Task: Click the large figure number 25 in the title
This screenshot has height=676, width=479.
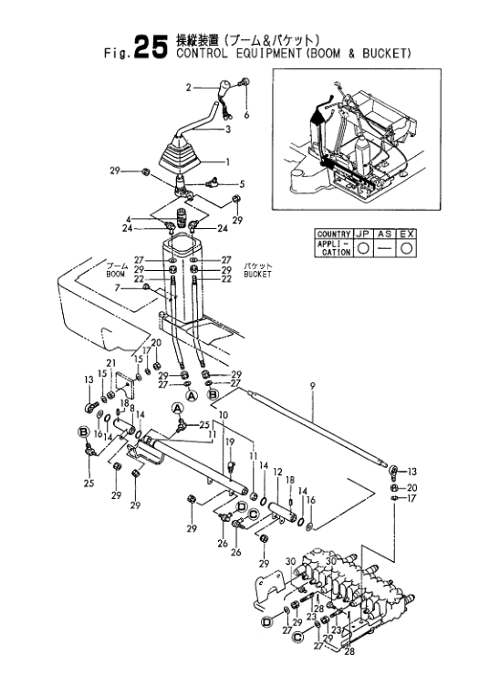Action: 150,47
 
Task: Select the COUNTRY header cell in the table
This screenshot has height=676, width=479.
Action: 333,234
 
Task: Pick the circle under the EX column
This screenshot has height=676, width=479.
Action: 407,248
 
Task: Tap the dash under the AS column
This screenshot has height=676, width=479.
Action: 385,249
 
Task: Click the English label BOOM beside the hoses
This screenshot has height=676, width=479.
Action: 115,275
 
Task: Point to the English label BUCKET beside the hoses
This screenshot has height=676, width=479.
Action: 257,275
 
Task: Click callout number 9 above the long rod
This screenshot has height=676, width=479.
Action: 312,387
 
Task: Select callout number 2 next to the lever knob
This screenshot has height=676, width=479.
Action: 189,88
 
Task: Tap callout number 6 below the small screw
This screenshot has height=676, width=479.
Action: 246,115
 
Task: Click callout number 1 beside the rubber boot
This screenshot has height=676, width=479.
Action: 228,162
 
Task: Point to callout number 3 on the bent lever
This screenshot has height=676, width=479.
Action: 228,130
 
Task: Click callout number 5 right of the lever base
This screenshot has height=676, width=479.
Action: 242,184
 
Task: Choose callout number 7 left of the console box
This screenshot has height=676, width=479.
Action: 117,287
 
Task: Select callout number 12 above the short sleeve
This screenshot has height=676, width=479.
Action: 277,473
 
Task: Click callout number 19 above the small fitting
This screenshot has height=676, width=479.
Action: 230,442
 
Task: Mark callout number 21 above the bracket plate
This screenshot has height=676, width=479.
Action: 111,363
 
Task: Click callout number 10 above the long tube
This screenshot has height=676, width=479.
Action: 223,415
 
